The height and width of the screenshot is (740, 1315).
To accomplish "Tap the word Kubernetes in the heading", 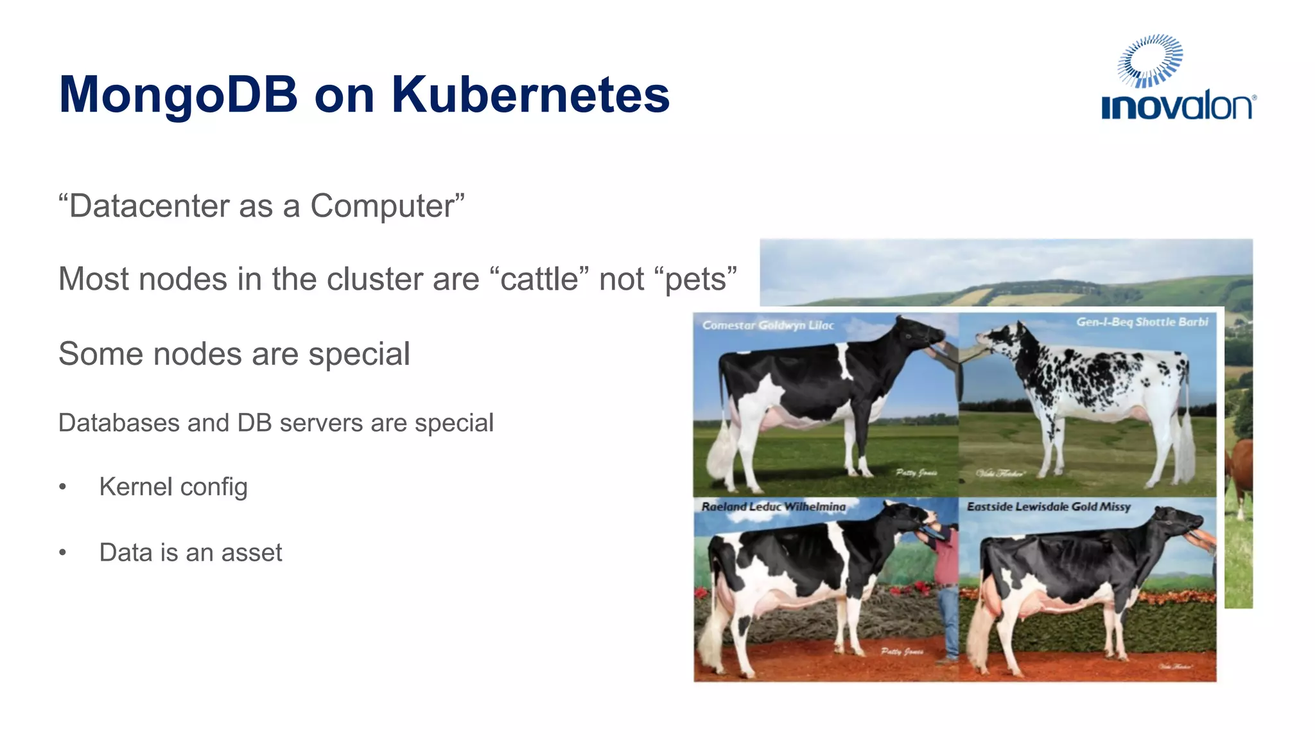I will pyautogui.click(x=530, y=95).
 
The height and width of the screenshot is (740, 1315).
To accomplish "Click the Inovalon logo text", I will pyautogui.click(x=1178, y=107).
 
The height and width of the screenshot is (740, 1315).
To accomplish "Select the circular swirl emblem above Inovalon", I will pyautogui.click(x=1149, y=60).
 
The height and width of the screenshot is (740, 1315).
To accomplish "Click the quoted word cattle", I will pyautogui.click(x=539, y=279).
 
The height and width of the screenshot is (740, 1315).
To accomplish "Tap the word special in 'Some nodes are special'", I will pyautogui.click(x=359, y=354).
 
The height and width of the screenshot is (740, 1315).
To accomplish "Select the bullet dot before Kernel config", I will pyautogui.click(x=62, y=487).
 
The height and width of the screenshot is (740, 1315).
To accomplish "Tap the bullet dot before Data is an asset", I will pyautogui.click(x=62, y=552).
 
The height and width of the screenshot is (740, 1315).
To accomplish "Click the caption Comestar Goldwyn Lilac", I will pyautogui.click(x=768, y=325).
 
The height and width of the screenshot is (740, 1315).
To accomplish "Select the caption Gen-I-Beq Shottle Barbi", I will pyautogui.click(x=1142, y=322).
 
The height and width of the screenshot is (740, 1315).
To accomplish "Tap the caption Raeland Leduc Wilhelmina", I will pyautogui.click(x=773, y=507).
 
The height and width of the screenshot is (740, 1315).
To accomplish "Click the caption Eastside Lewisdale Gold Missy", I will pyautogui.click(x=1049, y=507).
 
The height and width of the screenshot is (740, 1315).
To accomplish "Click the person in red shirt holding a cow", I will pyautogui.click(x=945, y=578).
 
